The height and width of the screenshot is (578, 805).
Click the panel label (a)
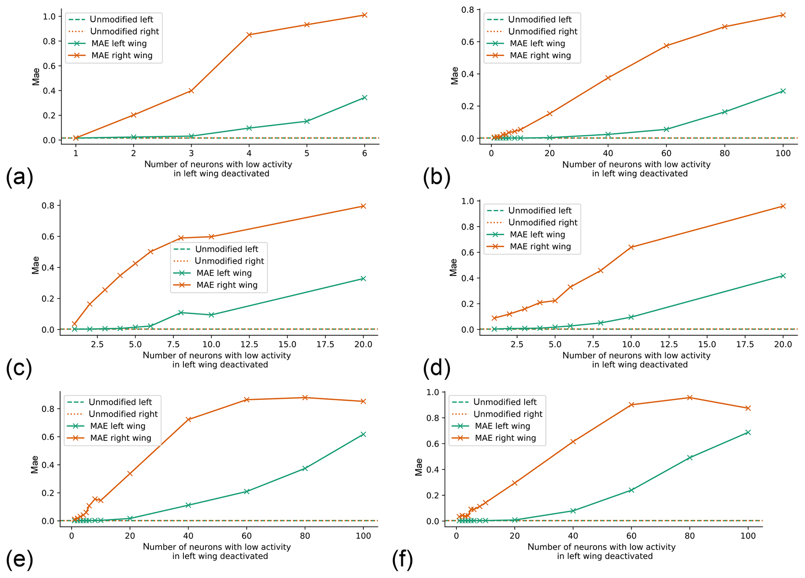19,177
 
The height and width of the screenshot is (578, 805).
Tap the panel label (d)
437,368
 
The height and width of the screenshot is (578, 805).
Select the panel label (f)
402,560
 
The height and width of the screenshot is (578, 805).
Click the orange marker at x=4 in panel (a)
249,35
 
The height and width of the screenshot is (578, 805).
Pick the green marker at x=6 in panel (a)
365,97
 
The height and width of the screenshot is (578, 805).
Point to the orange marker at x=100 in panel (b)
783,15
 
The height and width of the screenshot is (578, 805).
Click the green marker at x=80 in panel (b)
725,112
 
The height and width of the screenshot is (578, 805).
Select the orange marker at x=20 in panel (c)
363,206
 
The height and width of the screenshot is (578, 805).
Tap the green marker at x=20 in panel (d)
783,276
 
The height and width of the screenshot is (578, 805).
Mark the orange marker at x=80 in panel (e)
305,398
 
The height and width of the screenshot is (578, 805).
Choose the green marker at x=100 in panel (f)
748,432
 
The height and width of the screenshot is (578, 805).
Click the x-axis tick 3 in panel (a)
191,154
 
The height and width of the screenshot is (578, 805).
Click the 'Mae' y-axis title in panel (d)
453,267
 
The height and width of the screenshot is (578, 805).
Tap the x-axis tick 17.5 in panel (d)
745,345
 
